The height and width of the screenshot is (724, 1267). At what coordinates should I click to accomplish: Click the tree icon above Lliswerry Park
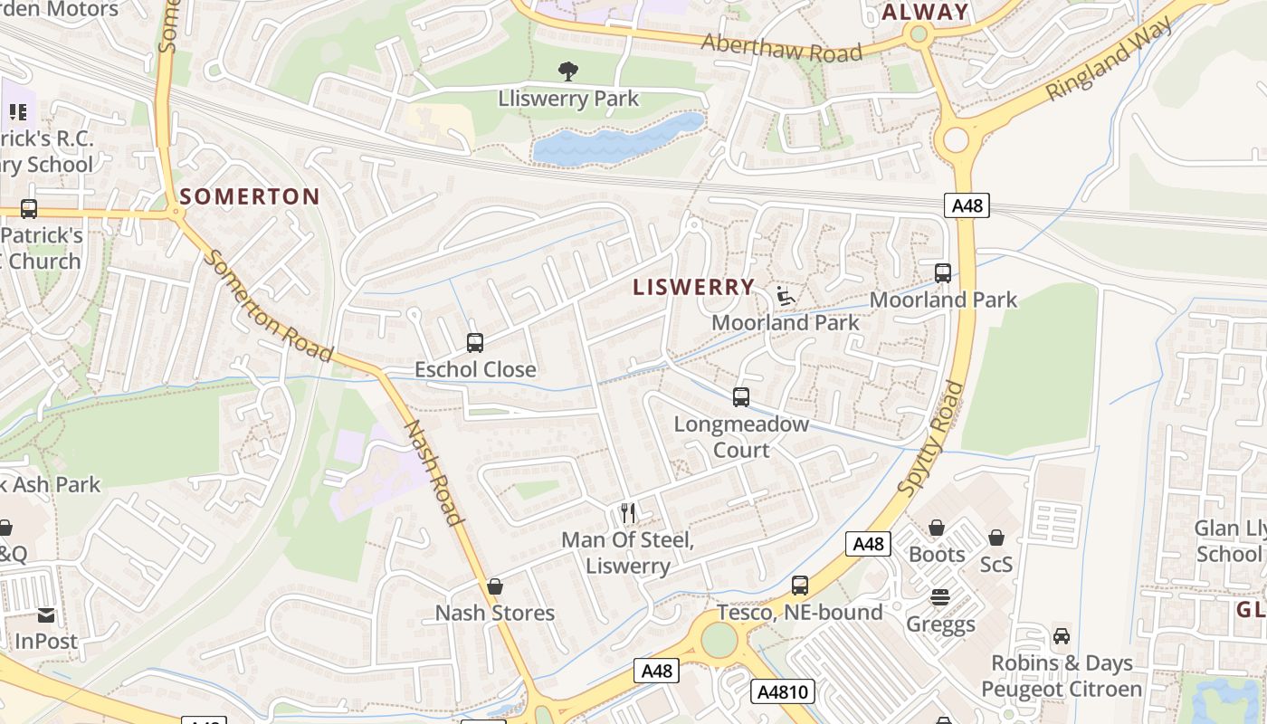coord(568,71)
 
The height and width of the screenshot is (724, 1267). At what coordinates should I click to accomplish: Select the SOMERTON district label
coord(250,196)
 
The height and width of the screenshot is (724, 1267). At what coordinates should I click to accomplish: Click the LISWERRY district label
coord(693,287)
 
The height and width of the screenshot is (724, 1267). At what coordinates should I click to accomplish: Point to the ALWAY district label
coord(925,12)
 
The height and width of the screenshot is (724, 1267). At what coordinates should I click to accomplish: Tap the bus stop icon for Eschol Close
coord(475,343)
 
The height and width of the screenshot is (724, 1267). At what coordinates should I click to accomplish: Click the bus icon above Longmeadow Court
coord(741,396)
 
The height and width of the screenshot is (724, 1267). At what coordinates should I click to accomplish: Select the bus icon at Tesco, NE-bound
coord(800,586)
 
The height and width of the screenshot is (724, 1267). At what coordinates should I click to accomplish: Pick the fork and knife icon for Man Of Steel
coord(628,513)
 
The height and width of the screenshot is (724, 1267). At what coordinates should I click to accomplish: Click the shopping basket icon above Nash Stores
coord(494,586)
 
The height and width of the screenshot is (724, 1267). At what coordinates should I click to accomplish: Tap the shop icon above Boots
coord(937,528)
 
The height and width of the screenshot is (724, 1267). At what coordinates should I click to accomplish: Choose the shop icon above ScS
coord(996,538)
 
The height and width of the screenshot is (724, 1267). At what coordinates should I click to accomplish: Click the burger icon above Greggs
coord(940,597)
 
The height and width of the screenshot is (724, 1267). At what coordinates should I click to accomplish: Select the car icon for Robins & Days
coord(1062,636)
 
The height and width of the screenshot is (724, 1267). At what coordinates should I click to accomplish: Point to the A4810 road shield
coord(783,692)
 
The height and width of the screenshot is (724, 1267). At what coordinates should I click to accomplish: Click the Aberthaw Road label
coord(782,48)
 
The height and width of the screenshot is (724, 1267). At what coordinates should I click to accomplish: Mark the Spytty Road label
coord(932,438)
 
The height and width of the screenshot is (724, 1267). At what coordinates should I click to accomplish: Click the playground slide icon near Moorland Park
coord(785,295)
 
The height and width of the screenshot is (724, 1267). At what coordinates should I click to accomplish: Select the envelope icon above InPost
coord(45,616)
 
